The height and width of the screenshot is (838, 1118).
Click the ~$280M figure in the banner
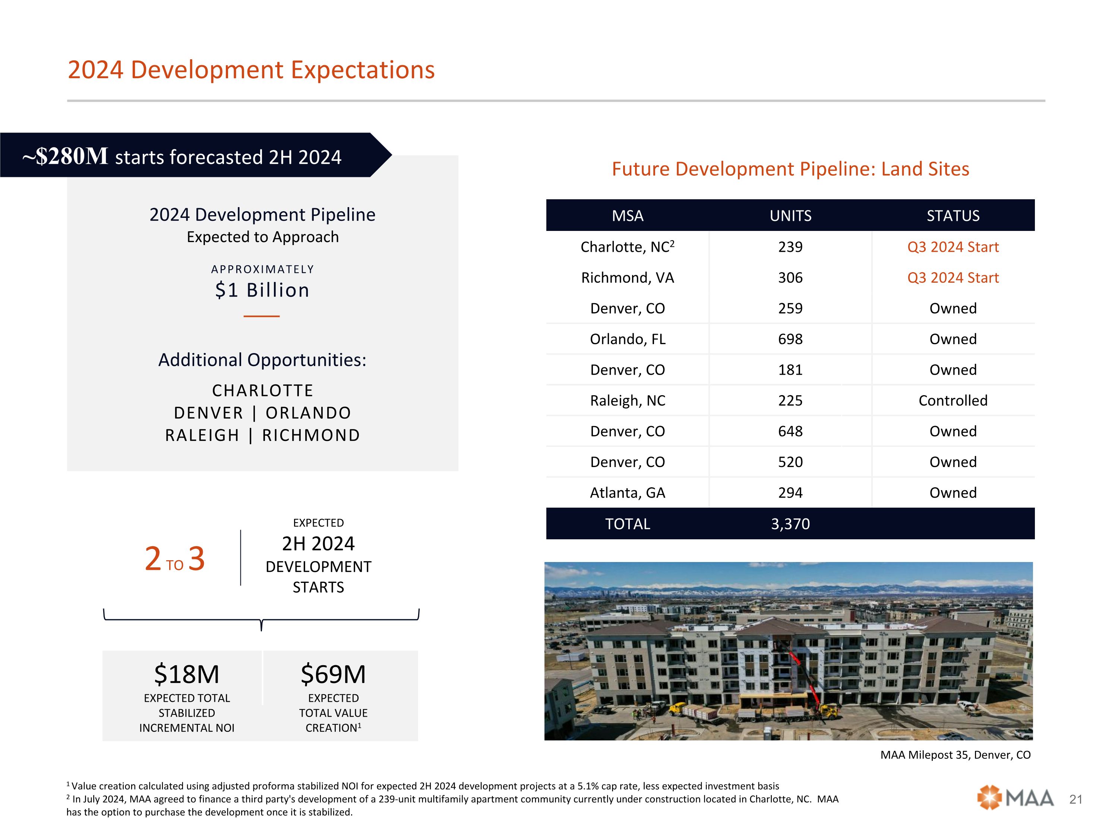[x=65, y=156]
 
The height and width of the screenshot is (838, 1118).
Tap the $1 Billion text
[x=262, y=290]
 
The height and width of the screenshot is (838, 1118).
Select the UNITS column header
[x=790, y=216]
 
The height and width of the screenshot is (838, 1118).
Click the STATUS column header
[x=953, y=216]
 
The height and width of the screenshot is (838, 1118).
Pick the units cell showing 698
[x=790, y=339]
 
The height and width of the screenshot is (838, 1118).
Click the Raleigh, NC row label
[x=627, y=400]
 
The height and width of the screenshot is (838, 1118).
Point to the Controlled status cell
[x=953, y=400]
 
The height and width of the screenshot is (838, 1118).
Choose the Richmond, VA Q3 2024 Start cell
[x=953, y=278]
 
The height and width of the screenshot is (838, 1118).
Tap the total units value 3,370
[x=790, y=524]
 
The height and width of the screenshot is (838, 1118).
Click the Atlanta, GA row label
[x=627, y=492]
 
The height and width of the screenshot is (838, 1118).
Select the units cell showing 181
[x=790, y=370]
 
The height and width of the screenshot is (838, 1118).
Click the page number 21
[x=1076, y=799]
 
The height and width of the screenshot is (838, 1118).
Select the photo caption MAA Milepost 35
[x=955, y=755]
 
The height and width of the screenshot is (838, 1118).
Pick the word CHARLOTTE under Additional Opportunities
[x=262, y=390]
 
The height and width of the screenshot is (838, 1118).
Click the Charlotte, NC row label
[x=627, y=247]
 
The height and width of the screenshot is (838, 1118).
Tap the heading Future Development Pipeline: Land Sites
[x=790, y=169]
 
